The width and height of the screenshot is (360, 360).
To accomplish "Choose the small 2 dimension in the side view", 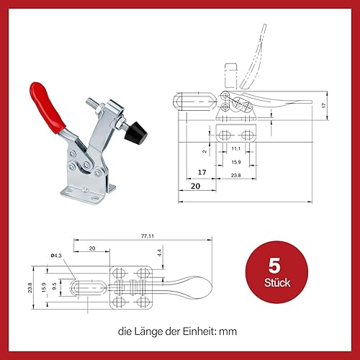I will (x=205, y=151).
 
